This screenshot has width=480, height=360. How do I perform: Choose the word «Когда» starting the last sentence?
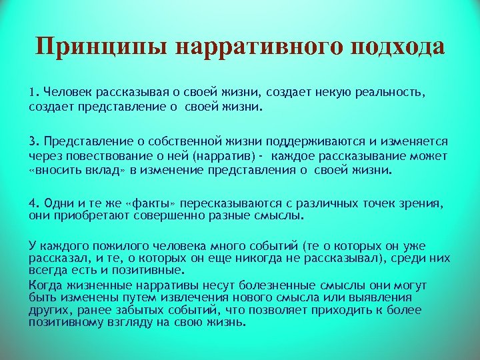click(43, 285)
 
